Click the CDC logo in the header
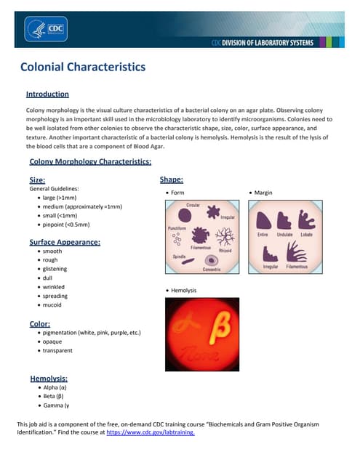click(x=46, y=30)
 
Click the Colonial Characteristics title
click(x=83, y=68)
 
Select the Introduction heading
click(x=47, y=94)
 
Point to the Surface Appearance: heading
click(x=65, y=242)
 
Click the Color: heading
click(x=39, y=323)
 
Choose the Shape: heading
click(x=171, y=179)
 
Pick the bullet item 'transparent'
click(x=57, y=350)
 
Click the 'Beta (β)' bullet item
click(x=55, y=397)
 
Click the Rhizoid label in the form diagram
click(x=225, y=251)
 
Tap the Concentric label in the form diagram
click(x=212, y=270)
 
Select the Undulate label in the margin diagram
click(x=285, y=235)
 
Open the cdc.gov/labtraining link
click(x=150, y=432)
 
